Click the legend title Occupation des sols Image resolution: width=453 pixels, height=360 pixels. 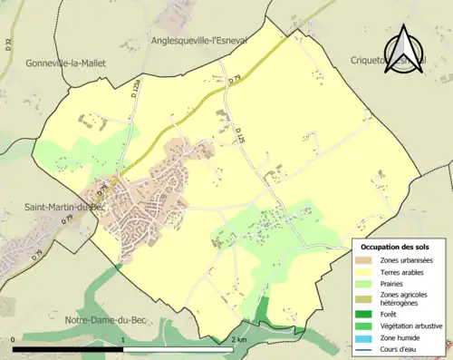(x=395, y=248)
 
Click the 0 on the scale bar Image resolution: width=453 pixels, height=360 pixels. (x=14, y=340)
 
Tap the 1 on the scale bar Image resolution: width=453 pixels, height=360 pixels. (x=123, y=340)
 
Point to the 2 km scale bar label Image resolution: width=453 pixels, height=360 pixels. (x=237, y=340)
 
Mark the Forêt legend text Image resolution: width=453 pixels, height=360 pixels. (x=387, y=315)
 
